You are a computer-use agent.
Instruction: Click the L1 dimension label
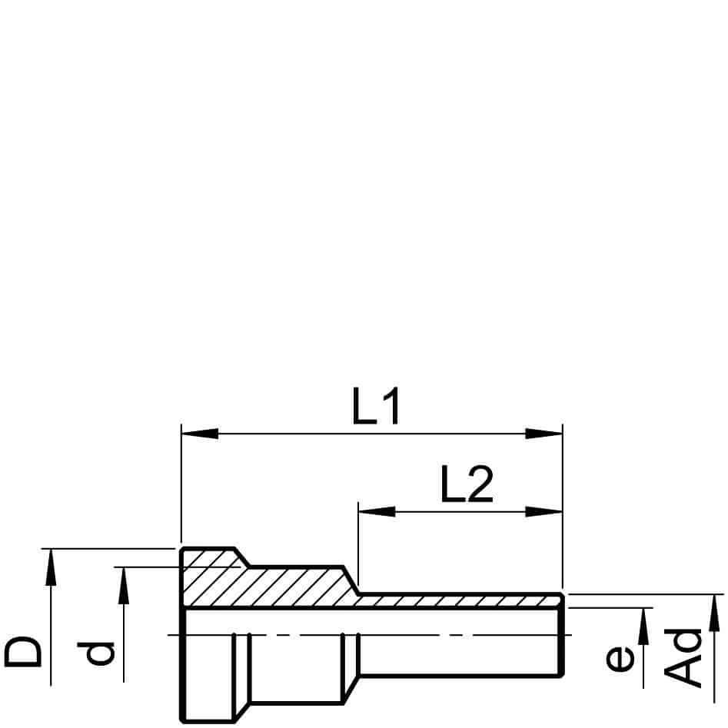[376, 406]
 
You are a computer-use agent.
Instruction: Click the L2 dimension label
[467, 485]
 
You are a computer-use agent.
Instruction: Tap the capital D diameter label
[23, 651]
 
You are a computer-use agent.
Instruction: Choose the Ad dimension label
[683, 657]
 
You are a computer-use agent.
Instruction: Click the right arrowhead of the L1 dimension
[544, 434]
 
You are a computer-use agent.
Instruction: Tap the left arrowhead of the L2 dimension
[377, 512]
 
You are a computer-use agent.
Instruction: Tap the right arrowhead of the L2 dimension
[544, 512]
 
